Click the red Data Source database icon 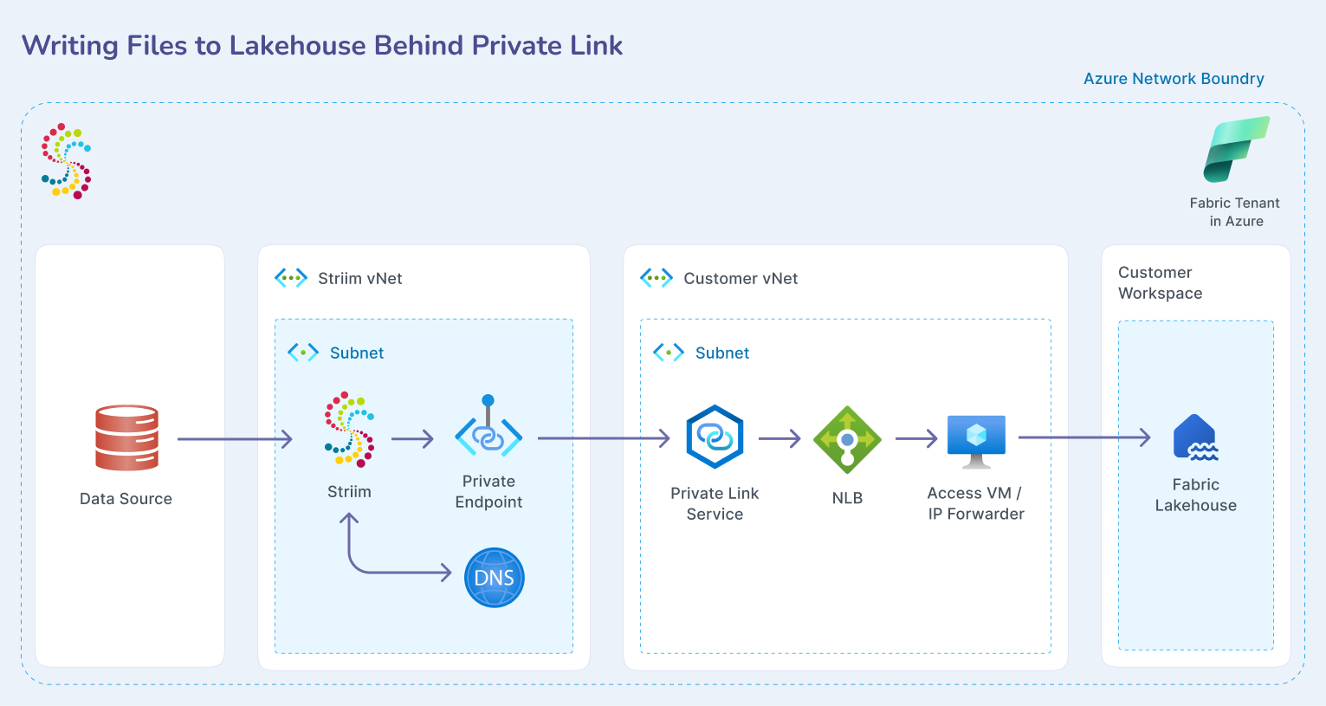[126, 437]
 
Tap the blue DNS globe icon [495, 577]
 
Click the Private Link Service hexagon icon [715, 437]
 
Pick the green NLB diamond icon [847, 439]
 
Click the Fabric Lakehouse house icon [1195, 437]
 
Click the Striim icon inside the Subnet [350, 428]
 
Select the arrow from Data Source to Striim [235, 439]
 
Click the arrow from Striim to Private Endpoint [412, 439]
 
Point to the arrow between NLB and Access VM [916, 438]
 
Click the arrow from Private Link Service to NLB [779, 439]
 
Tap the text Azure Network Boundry [1174, 79]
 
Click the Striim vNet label [359, 278]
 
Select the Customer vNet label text [741, 278]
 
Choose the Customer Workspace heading [1160, 282]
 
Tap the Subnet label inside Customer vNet [721, 353]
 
